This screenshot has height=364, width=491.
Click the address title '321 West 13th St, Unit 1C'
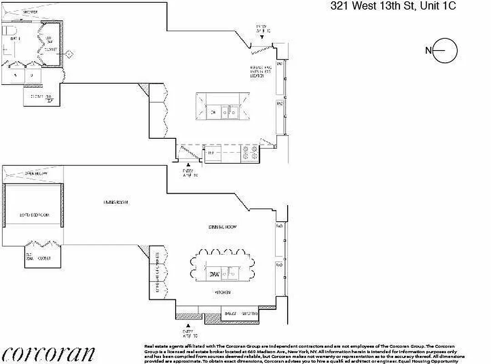(x=393, y=6)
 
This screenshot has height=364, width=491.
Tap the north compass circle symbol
(x=445, y=51)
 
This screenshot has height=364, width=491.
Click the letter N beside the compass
(x=428, y=51)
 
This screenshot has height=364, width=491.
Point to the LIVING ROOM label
(x=116, y=202)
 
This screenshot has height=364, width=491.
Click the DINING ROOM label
(x=223, y=227)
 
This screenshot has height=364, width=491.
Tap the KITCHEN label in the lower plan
(x=223, y=292)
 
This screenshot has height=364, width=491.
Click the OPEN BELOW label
(x=36, y=173)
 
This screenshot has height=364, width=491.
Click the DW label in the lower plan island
(x=214, y=274)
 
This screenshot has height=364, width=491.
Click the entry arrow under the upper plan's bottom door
(x=188, y=164)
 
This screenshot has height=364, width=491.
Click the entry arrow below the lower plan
(x=188, y=326)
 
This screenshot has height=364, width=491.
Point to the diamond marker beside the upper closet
(x=69, y=55)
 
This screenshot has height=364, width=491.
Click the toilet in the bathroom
(x=8, y=32)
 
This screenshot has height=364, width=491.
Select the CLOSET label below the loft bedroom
(x=44, y=258)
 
